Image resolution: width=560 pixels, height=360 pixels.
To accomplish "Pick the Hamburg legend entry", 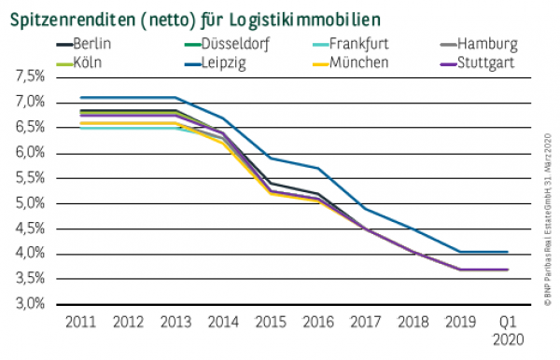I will pos(492,44).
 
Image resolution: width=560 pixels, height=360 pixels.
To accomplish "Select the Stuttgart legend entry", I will pos(492,62).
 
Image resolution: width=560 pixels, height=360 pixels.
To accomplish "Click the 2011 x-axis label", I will pos(80,321).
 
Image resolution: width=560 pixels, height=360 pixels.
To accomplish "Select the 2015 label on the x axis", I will pos(270,321).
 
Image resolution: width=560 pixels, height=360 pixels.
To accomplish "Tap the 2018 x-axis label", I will pos(412,321).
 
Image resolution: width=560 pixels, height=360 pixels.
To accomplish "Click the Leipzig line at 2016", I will pos(317,168).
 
